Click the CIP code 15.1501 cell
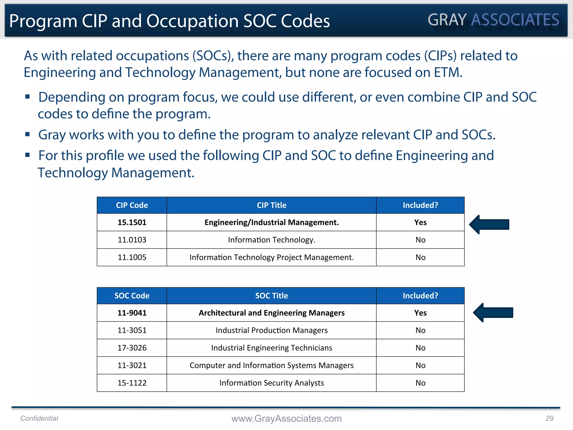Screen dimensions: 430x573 coord(132,222)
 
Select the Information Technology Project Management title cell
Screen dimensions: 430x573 coord(271,257)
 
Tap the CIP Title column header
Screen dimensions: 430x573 coord(271,205)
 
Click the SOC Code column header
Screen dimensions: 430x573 coord(132,296)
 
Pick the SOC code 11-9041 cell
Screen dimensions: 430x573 coord(132,313)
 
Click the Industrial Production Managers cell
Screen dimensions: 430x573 coord(271,330)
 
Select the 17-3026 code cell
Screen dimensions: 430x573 coord(132,348)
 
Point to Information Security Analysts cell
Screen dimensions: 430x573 coord(271,383)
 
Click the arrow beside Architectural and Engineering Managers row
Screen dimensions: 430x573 coord(493,312)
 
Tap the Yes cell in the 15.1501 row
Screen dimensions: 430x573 coord(420,222)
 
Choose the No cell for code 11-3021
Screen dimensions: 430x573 coord(420,365)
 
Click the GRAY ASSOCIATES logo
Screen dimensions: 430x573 coord(493,20)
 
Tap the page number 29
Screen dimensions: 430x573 coord(549,418)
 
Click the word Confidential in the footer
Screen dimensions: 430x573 coord(39,418)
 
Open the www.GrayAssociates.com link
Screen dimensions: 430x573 coord(286,418)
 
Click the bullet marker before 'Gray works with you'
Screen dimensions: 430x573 coord(27,134)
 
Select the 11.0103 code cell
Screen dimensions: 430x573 coord(132,240)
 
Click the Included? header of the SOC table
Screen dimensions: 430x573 coord(420,296)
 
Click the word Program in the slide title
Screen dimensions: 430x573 coord(43,21)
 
